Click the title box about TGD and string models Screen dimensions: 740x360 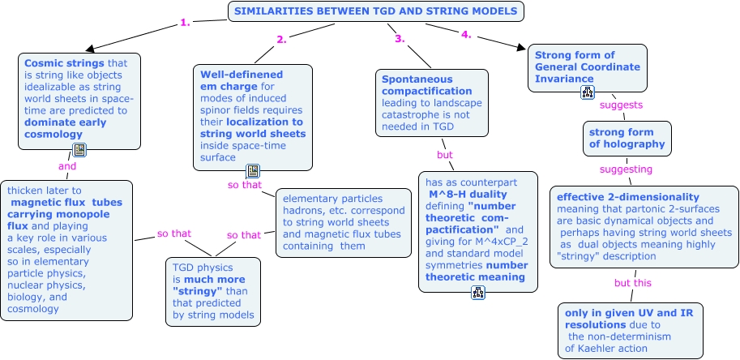point(375,11)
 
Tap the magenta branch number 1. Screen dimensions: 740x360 point(185,22)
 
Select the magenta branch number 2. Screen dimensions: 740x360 point(282,40)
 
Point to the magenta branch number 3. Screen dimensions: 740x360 point(400,39)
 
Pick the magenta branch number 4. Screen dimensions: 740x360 point(466,35)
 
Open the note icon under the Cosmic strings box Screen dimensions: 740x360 point(79,150)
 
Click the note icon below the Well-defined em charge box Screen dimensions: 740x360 point(253,171)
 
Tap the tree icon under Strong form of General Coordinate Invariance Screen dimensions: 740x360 point(588,92)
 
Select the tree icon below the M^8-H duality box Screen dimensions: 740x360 point(478,293)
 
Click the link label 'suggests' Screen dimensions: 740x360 point(621,105)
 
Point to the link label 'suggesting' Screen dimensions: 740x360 point(626,169)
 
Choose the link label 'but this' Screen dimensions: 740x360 point(633,283)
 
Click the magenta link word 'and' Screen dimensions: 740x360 point(67,166)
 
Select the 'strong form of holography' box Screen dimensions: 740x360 point(627,139)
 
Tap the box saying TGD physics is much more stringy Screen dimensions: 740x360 point(213,292)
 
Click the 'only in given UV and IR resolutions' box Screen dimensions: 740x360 point(631,331)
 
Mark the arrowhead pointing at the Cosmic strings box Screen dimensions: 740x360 point(91,48)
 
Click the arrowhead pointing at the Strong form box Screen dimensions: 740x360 point(521,47)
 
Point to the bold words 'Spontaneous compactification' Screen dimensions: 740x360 point(426,85)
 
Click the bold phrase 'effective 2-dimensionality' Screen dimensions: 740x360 point(628,197)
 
